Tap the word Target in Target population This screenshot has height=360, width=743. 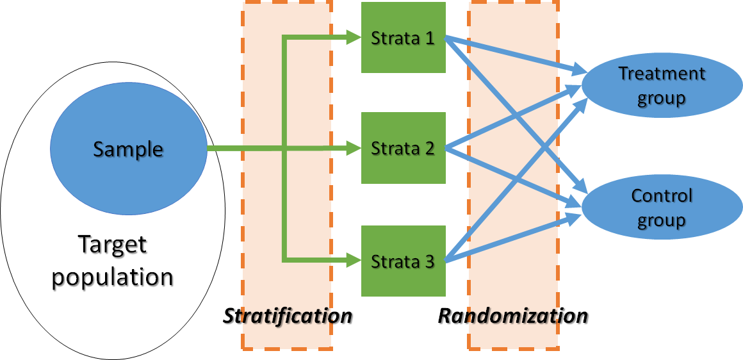[112, 245]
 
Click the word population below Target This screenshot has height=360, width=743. [113, 277]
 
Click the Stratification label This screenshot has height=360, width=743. [288, 316]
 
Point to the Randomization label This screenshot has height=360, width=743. [512, 316]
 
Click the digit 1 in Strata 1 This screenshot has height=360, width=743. [429, 38]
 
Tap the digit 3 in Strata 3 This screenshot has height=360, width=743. [429, 261]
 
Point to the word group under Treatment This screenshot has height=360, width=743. [661, 98]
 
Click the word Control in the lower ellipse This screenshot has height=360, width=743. [661, 195]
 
